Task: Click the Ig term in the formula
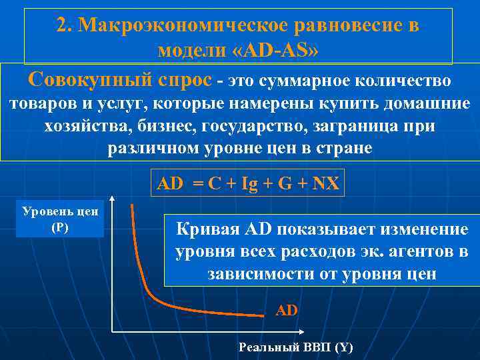pyautogui.click(x=250, y=183)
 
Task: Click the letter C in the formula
pyautogui.click(x=213, y=183)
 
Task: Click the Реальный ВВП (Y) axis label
pyautogui.click(x=295, y=347)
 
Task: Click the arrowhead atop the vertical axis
pyautogui.click(x=112, y=199)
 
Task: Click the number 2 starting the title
pyautogui.click(x=61, y=25)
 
